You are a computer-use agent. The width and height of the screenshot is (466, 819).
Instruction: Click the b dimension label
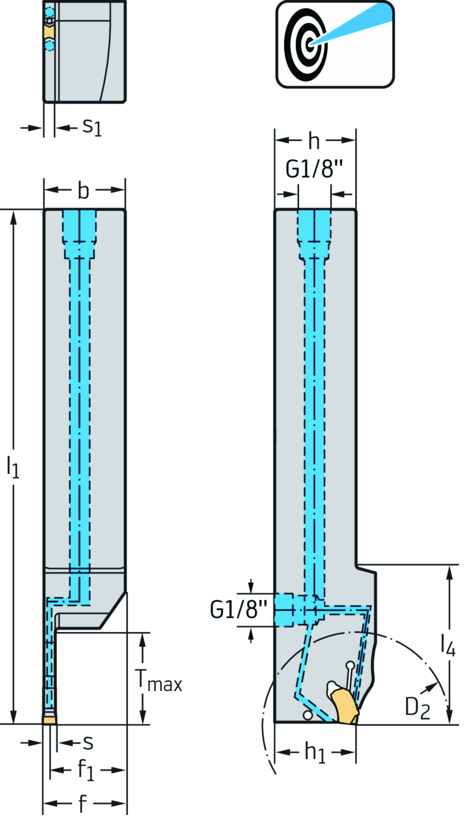click(x=83, y=190)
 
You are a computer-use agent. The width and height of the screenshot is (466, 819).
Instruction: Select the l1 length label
click(x=13, y=467)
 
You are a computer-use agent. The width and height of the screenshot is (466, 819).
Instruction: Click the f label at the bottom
click(x=82, y=804)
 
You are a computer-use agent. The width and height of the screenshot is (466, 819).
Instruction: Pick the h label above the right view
click(x=314, y=141)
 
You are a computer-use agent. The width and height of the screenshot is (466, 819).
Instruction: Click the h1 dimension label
click(x=315, y=752)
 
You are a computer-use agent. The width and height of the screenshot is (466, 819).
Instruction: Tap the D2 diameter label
click(x=417, y=708)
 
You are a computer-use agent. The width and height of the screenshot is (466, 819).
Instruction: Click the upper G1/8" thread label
click(x=314, y=169)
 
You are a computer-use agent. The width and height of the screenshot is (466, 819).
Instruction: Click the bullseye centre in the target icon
click(x=310, y=44)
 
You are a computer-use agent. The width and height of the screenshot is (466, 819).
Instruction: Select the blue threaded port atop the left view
click(x=80, y=226)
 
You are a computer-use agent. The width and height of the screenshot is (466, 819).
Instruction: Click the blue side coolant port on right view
click(x=291, y=610)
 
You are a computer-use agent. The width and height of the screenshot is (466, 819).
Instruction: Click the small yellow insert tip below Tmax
click(x=50, y=720)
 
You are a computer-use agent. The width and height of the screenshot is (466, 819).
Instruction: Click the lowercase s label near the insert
click(x=88, y=743)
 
